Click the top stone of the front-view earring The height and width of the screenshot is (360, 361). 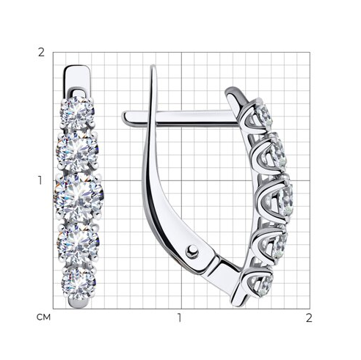[77, 113]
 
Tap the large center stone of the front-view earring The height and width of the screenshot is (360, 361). [79, 197]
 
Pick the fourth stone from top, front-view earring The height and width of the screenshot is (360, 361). [79, 243]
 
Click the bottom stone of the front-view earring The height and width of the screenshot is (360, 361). [79, 283]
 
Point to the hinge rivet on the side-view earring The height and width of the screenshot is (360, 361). [192, 251]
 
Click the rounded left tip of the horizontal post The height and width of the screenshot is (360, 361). [125, 117]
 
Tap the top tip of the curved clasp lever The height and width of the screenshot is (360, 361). [153, 67]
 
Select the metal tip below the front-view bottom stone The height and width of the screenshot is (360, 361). [78, 303]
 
